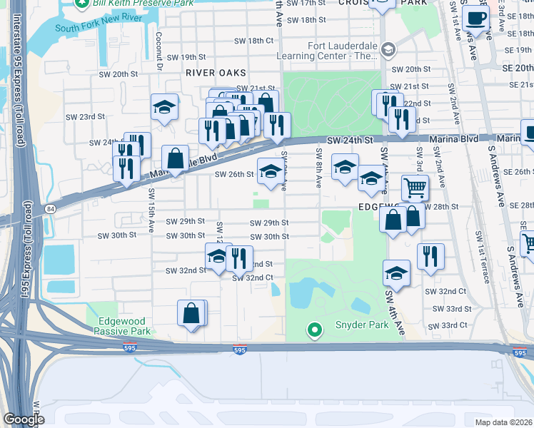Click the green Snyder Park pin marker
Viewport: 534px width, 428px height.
(313, 330)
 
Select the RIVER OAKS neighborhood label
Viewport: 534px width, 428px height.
(215, 73)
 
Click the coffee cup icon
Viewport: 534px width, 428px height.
(475, 19)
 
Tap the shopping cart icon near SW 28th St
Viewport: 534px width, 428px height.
(415, 188)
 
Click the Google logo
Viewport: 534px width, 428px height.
(24, 419)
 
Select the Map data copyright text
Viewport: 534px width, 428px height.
(503, 422)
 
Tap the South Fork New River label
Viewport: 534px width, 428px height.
(96, 29)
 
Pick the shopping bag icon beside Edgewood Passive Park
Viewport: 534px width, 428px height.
(191, 313)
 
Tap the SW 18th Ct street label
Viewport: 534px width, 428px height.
(254, 41)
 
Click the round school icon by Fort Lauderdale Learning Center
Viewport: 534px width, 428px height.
(388, 50)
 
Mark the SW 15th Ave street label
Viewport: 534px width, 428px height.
(151, 211)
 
